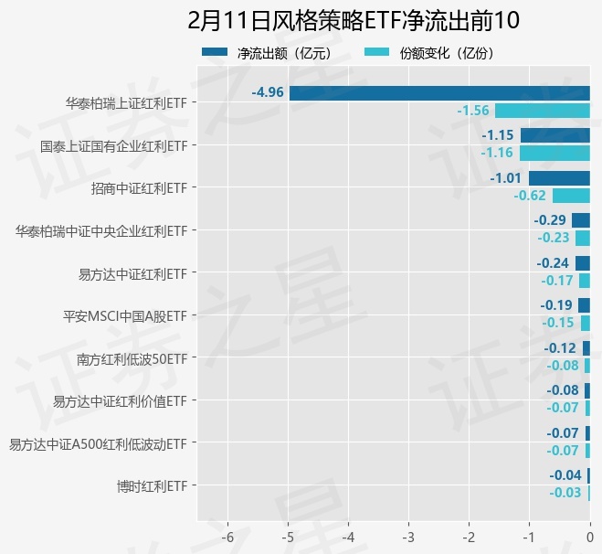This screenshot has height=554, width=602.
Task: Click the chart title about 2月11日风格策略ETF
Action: click(354, 21)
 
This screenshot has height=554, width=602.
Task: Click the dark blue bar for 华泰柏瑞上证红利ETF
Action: click(439, 92)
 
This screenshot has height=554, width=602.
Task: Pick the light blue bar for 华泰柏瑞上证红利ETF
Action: click(543, 111)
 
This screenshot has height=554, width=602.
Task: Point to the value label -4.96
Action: click(268, 92)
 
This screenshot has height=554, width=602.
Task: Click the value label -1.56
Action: click(473, 111)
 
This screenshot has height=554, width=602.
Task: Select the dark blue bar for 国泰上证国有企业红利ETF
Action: click(555, 135)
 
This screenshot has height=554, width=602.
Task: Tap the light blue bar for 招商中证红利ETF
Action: click(571, 196)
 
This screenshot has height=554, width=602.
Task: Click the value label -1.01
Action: click(505, 177)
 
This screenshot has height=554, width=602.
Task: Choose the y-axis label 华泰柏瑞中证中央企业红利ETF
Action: click(100, 231)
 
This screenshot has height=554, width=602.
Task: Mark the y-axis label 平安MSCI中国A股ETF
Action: click(124, 316)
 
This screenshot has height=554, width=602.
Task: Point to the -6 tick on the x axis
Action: click(227, 535)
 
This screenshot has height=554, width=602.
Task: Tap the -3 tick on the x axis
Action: click(408, 535)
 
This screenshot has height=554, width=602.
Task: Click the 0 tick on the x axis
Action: click(589, 535)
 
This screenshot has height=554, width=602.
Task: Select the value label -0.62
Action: click(530, 196)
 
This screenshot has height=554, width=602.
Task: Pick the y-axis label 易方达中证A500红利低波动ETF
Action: click(98, 444)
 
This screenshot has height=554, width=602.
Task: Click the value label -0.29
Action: click(550, 220)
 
